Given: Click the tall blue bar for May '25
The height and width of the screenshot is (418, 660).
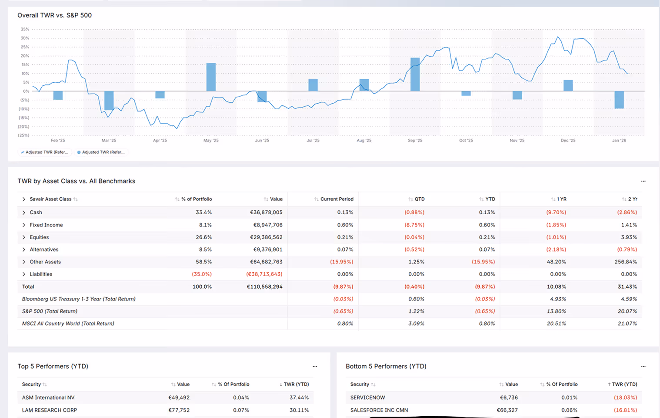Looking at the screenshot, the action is [x=211, y=77].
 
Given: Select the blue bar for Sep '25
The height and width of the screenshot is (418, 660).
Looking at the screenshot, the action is [x=415, y=74].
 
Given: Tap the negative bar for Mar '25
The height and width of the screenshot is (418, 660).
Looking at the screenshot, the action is [x=109, y=101].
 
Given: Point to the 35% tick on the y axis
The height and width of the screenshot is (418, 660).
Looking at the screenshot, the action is [x=25, y=29].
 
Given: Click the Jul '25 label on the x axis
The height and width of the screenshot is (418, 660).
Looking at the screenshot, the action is [x=313, y=140].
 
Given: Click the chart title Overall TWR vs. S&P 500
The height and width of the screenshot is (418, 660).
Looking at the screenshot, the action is [x=54, y=15].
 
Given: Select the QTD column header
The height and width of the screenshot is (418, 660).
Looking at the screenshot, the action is [x=420, y=199].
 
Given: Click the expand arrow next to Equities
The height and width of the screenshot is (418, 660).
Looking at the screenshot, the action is [x=24, y=237].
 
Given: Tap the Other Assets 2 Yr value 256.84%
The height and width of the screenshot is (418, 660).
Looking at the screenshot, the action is [x=626, y=262].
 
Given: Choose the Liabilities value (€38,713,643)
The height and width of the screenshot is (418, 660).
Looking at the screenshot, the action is [x=264, y=274].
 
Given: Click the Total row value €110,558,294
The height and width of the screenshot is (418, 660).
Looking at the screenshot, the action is [x=265, y=287].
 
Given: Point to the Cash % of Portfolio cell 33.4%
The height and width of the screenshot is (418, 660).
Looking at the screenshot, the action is [x=203, y=212].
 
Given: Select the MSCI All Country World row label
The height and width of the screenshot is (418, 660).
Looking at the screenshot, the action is [x=68, y=324].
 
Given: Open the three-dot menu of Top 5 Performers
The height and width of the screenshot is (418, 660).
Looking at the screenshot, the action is [x=315, y=366].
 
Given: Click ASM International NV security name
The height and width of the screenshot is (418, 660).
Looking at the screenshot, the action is [x=48, y=398].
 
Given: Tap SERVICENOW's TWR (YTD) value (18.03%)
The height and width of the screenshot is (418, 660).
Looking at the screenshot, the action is [x=626, y=398].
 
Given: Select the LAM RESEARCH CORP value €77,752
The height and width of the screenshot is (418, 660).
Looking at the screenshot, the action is [x=179, y=410].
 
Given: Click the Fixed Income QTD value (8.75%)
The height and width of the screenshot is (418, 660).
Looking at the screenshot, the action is [x=414, y=225].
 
